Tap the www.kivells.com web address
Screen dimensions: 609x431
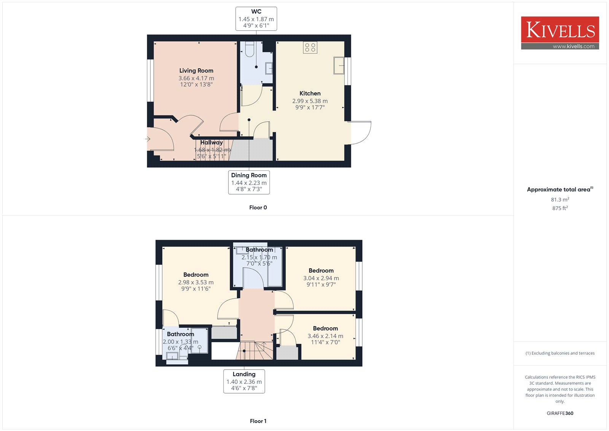(574, 46)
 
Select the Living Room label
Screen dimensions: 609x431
(196, 70)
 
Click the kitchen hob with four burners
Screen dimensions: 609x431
(310, 47)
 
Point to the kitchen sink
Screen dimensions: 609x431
(339, 65)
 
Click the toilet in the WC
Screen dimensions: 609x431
(250, 49)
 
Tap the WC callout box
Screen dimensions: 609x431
(256, 19)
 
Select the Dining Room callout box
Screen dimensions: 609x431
(249, 183)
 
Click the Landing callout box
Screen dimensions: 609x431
(244, 381)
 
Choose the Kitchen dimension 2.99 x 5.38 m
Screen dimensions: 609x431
(310, 101)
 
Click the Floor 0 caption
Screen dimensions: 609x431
(258, 207)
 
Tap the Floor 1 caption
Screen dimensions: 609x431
(258, 421)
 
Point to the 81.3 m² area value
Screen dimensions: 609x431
(560, 200)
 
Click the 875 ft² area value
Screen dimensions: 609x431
(560, 208)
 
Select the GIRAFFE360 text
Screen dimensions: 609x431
(560, 413)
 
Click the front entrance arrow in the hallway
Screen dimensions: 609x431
(148, 139)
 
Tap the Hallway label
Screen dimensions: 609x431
(212, 143)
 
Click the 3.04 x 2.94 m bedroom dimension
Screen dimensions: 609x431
(321, 278)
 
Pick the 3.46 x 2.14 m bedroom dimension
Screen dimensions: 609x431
(325, 336)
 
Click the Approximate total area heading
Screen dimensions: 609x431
(560, 189)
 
